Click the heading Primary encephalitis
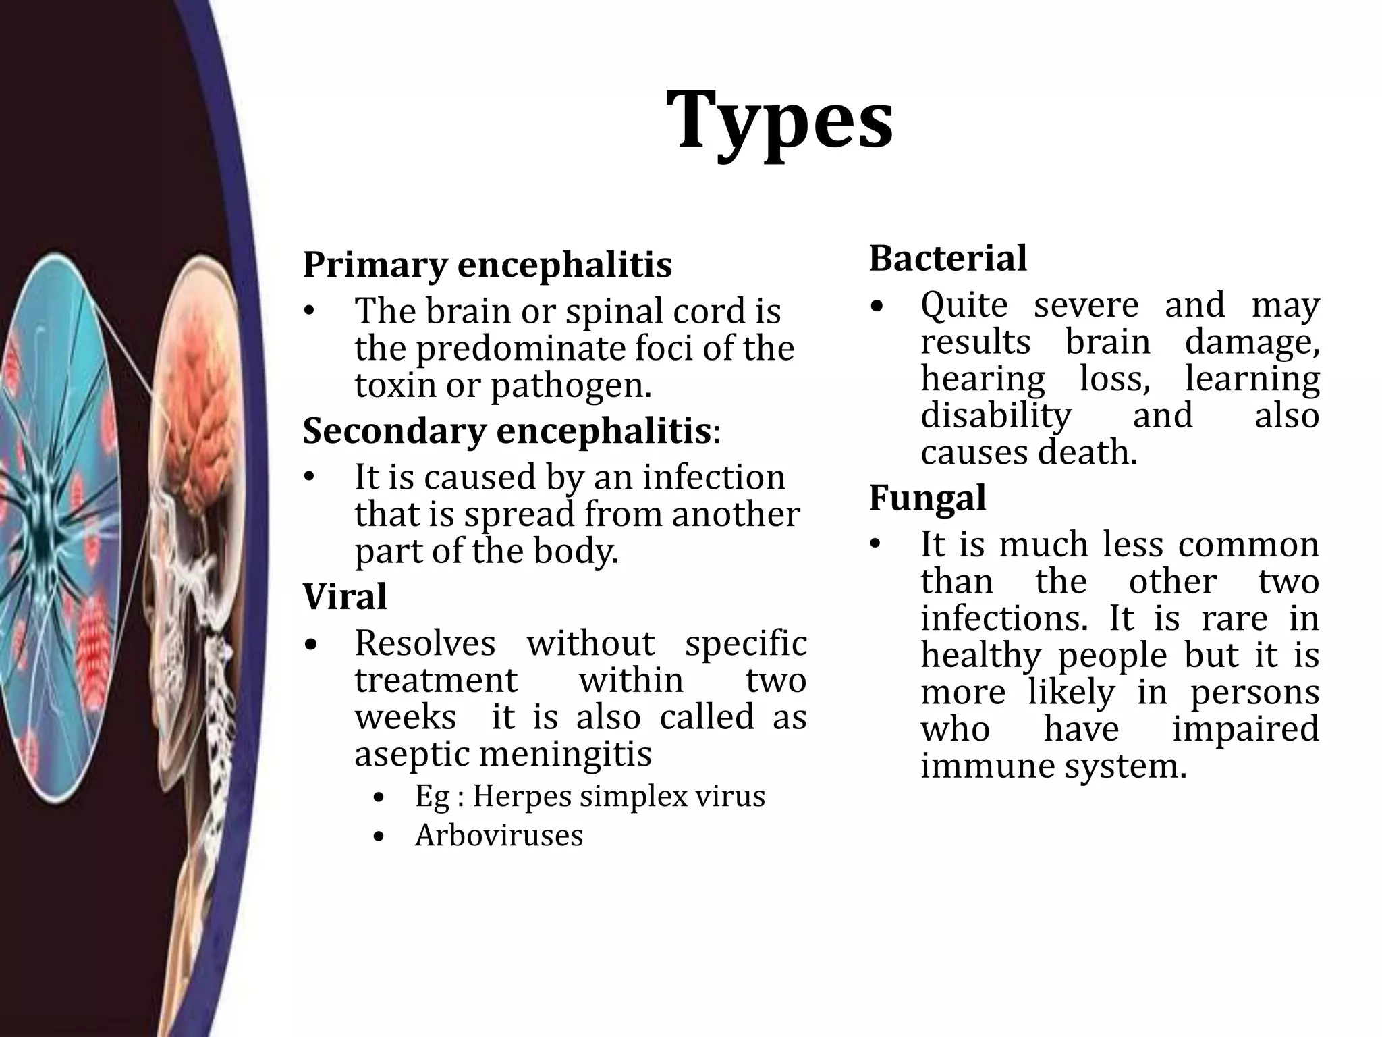click(x=487, y=264)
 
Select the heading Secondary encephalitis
click(x=507, y=431)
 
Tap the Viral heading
click(x=345, y=597)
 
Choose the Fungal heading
click(x=927, y=498)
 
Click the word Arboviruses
click(x=499, y=836)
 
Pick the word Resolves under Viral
click(x=425, y=643)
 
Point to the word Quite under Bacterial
click(x=964, y=305)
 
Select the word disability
click(x=996, y=416)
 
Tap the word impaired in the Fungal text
click(x=1245, y=730)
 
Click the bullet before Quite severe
click(x=876, y=307)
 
